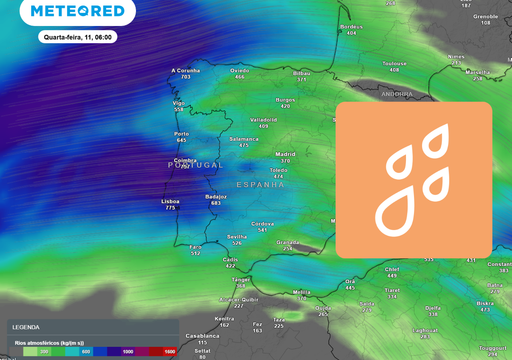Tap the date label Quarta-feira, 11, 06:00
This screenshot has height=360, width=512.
78,36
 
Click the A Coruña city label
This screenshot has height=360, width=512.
186,70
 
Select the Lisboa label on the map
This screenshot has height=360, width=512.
169,200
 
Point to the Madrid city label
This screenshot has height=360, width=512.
285,154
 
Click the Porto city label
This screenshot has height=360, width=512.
181,134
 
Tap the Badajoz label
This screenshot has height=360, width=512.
216,196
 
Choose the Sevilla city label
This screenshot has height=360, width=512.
237,236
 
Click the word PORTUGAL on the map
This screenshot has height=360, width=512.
196,164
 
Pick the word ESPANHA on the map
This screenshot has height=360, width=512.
261,185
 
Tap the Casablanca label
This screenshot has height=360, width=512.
201,336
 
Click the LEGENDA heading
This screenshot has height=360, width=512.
26,327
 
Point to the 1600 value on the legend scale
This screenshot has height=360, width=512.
169,352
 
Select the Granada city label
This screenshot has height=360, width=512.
288,242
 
